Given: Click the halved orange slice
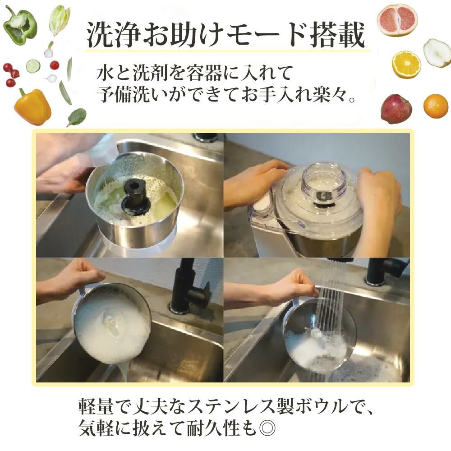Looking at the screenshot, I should coord(406,64).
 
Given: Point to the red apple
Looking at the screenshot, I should coord(396,109).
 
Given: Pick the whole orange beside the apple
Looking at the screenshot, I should coord(436,106).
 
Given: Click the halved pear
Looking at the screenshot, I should coord(437,53).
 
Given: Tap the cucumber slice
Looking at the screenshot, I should coord(33,66).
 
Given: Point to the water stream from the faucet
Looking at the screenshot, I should coord(332,293).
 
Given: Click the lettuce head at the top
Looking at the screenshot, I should coord(60,19).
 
